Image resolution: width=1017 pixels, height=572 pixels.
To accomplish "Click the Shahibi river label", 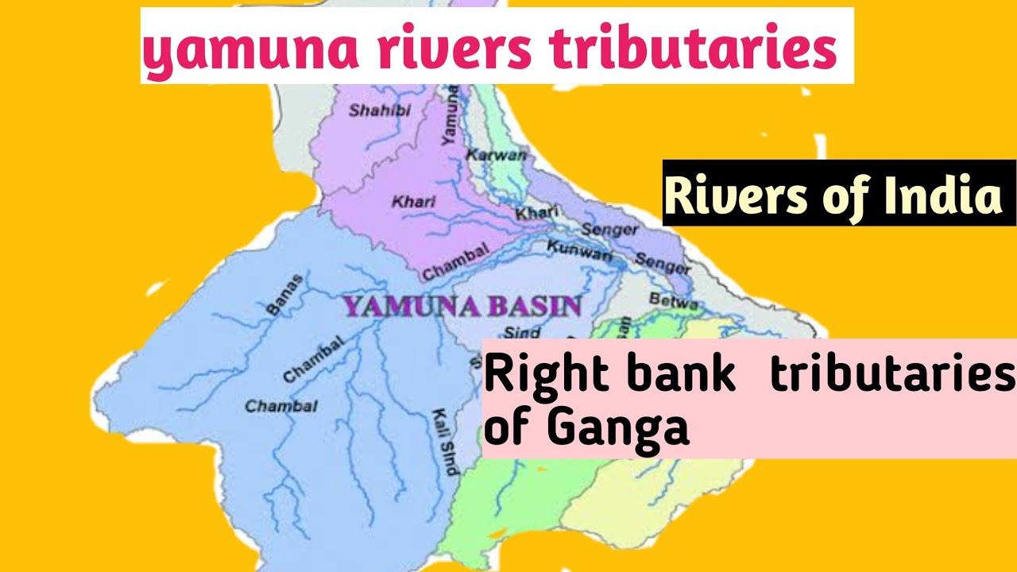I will pos(381,111).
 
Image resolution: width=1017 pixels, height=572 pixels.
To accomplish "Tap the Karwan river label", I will pos(496,155).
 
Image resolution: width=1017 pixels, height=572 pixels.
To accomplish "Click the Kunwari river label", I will pos(579,253).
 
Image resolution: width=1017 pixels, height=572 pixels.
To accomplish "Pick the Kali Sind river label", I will pos(444,442).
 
